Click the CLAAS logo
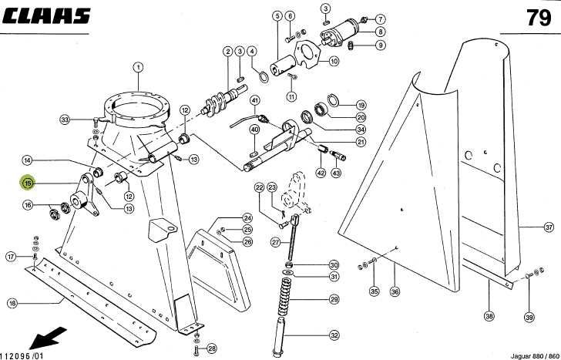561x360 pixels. [46, 16]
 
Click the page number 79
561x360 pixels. [539, 17]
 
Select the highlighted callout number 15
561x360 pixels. [28, 183]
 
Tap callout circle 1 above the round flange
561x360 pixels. [138, 67]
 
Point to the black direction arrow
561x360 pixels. [48, 338]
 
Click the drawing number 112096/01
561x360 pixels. [22, 355]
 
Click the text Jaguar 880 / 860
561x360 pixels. [535, 356]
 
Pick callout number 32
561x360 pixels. [334, 335]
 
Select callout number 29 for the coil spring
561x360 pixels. [334, 299]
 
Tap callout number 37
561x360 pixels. [549, 227]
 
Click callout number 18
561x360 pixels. [12, 304]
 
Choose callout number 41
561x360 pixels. [255, 100]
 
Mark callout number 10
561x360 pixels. [334, 61]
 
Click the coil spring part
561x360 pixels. [284, 296]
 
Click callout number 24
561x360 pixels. [247, 218]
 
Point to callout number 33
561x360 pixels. [65, 119]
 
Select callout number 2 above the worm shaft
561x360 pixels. [228, 52]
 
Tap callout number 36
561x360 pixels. [395, 291]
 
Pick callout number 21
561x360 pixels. [361, 142]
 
